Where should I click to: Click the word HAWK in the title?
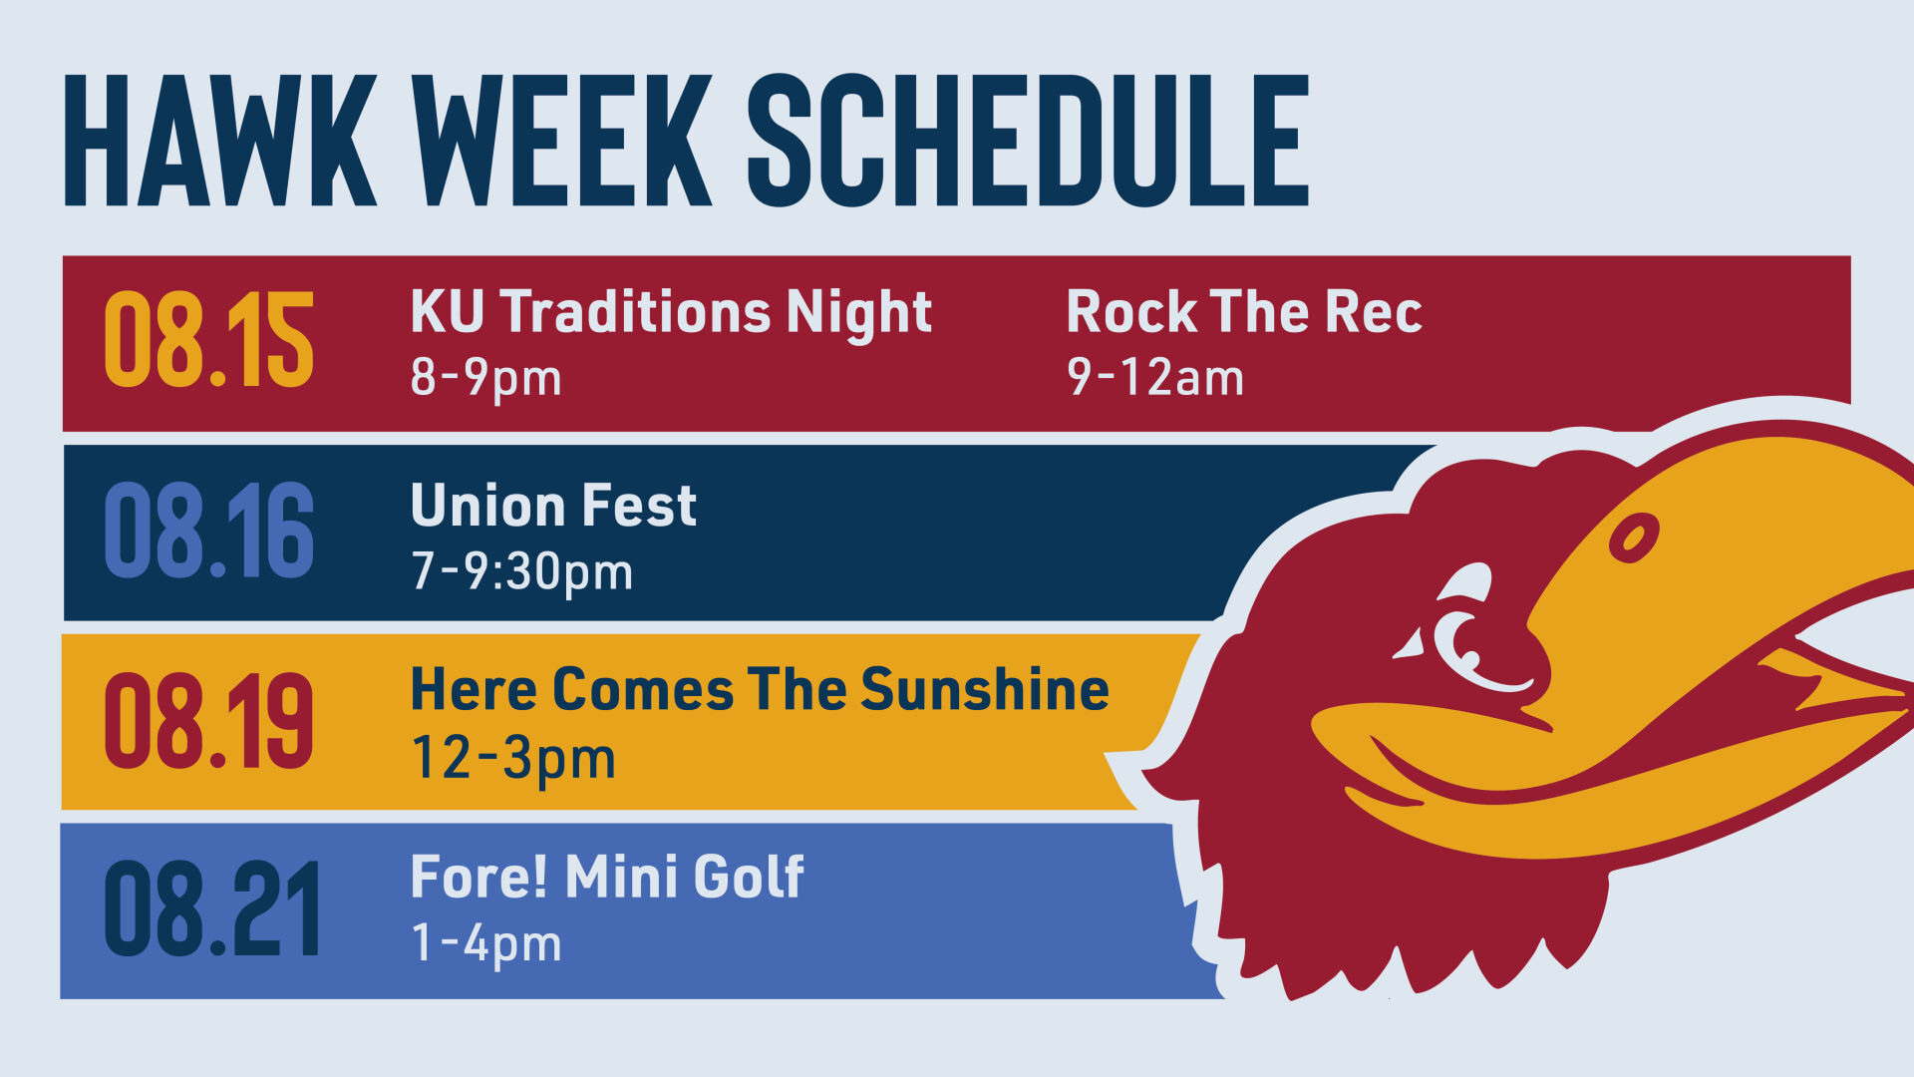[x=219, y=141]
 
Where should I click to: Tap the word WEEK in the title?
[x=563, y=141]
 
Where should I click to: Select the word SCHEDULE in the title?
[x=1027, y=141]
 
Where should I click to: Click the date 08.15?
[x=209, y=340]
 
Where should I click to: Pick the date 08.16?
[x=209, y=531]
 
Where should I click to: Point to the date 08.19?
[x=209, y=720]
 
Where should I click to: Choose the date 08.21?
[x=211, y=909]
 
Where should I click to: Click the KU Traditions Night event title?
[x=671, y=312]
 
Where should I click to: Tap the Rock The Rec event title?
[x=1244, y=312]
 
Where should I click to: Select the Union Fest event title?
[x=553, y=506]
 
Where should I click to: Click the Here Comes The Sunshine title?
[x=760, y=689]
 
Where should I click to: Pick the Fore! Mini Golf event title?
[x=607, y=878]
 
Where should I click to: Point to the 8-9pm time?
[x=486, y=378]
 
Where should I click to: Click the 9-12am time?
[x=1155, y=378]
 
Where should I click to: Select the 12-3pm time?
[x=513, y=758]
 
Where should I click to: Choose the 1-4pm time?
[x=486, y=943]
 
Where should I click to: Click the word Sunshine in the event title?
[x=985, y=689]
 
